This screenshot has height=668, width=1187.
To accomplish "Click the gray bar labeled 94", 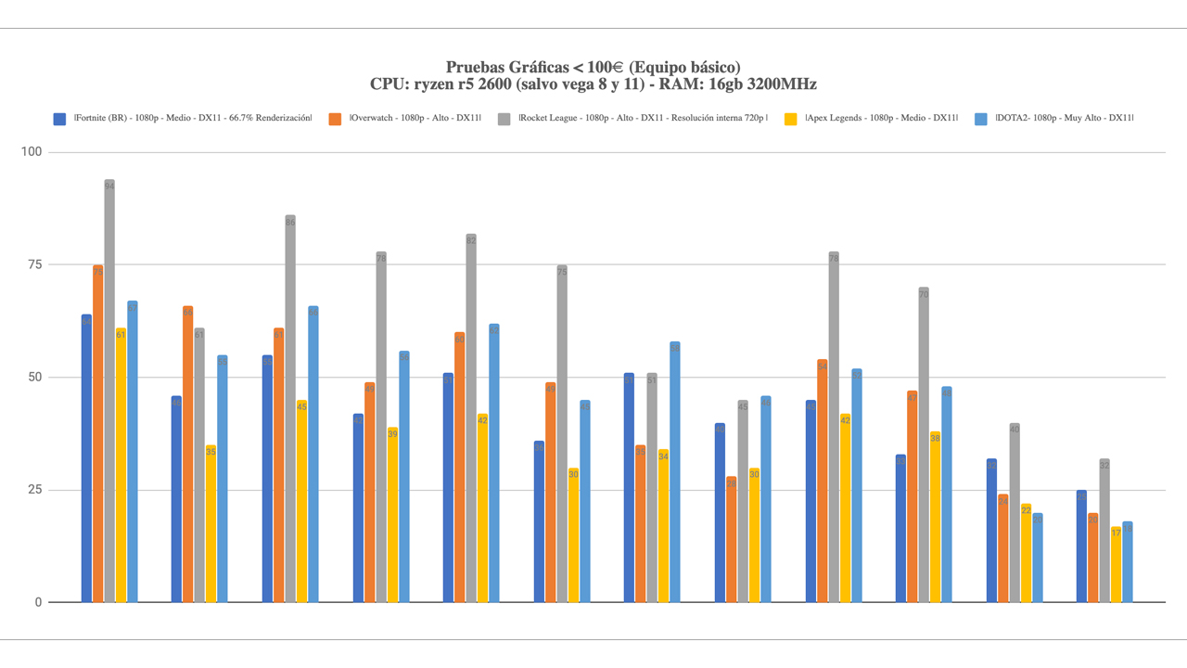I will click(109, 391).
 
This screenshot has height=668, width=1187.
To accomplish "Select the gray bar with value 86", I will click(290, 408).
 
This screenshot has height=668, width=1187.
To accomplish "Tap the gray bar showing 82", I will click(471, 417).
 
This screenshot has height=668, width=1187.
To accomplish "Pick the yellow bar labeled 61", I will click(121, 465).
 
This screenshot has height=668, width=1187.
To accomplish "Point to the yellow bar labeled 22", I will click(1026, 553).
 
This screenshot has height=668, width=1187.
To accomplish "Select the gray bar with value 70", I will click(924, 444).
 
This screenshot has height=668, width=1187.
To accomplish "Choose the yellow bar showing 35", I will click(211, 523).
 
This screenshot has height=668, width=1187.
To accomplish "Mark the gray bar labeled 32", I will click(1104, 530).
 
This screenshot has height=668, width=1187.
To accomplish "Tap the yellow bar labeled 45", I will click(301, 501).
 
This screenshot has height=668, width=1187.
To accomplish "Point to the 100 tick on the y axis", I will click(32, 152).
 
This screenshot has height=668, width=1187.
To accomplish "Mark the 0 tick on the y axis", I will click(38, 603).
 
